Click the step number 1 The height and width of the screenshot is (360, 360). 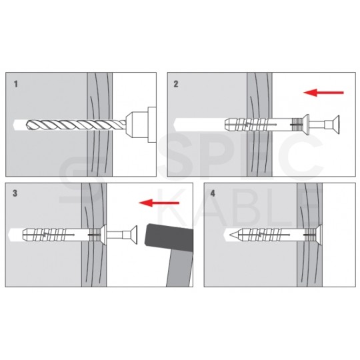[15, 84]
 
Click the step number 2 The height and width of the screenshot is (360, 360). [175, 84]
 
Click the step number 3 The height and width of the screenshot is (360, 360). [15, 193]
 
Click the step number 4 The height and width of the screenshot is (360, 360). [213, 193]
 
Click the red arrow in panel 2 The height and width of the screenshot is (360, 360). [323, 93]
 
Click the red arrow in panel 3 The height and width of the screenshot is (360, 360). [159, 203]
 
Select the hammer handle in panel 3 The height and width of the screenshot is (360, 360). [180, 268]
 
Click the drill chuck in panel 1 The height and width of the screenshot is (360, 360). [141, 125]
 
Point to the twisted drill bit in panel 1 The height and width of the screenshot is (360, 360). [76, 125]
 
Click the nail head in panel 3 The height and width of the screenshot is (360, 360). [133, 235]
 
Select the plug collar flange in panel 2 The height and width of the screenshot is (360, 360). [306, 125]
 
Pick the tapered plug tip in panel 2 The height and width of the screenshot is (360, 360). [228, 125]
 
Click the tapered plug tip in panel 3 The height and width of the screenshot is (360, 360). [26, 235]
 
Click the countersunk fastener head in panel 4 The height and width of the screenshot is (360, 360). [319, 235]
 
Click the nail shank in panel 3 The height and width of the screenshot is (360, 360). [115, 235]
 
